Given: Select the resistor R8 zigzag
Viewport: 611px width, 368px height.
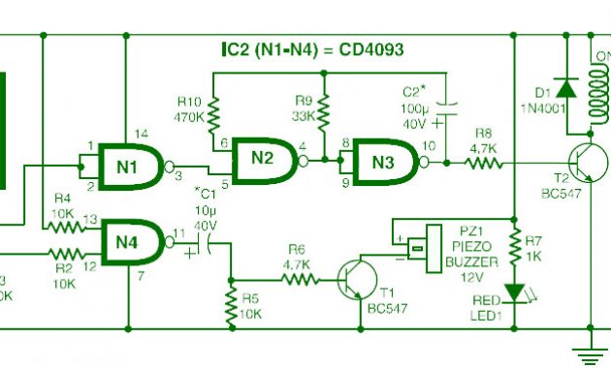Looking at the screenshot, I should [x=484, y=164].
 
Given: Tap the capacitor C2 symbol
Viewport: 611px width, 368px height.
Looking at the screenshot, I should [x=446, y=109].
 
